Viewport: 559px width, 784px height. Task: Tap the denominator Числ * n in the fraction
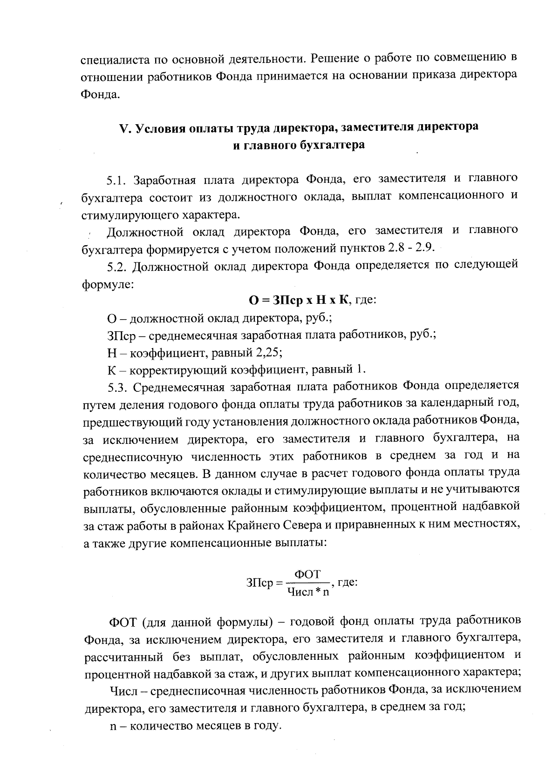coord(308,592)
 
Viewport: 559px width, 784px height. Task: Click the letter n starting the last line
coord(112,726)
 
